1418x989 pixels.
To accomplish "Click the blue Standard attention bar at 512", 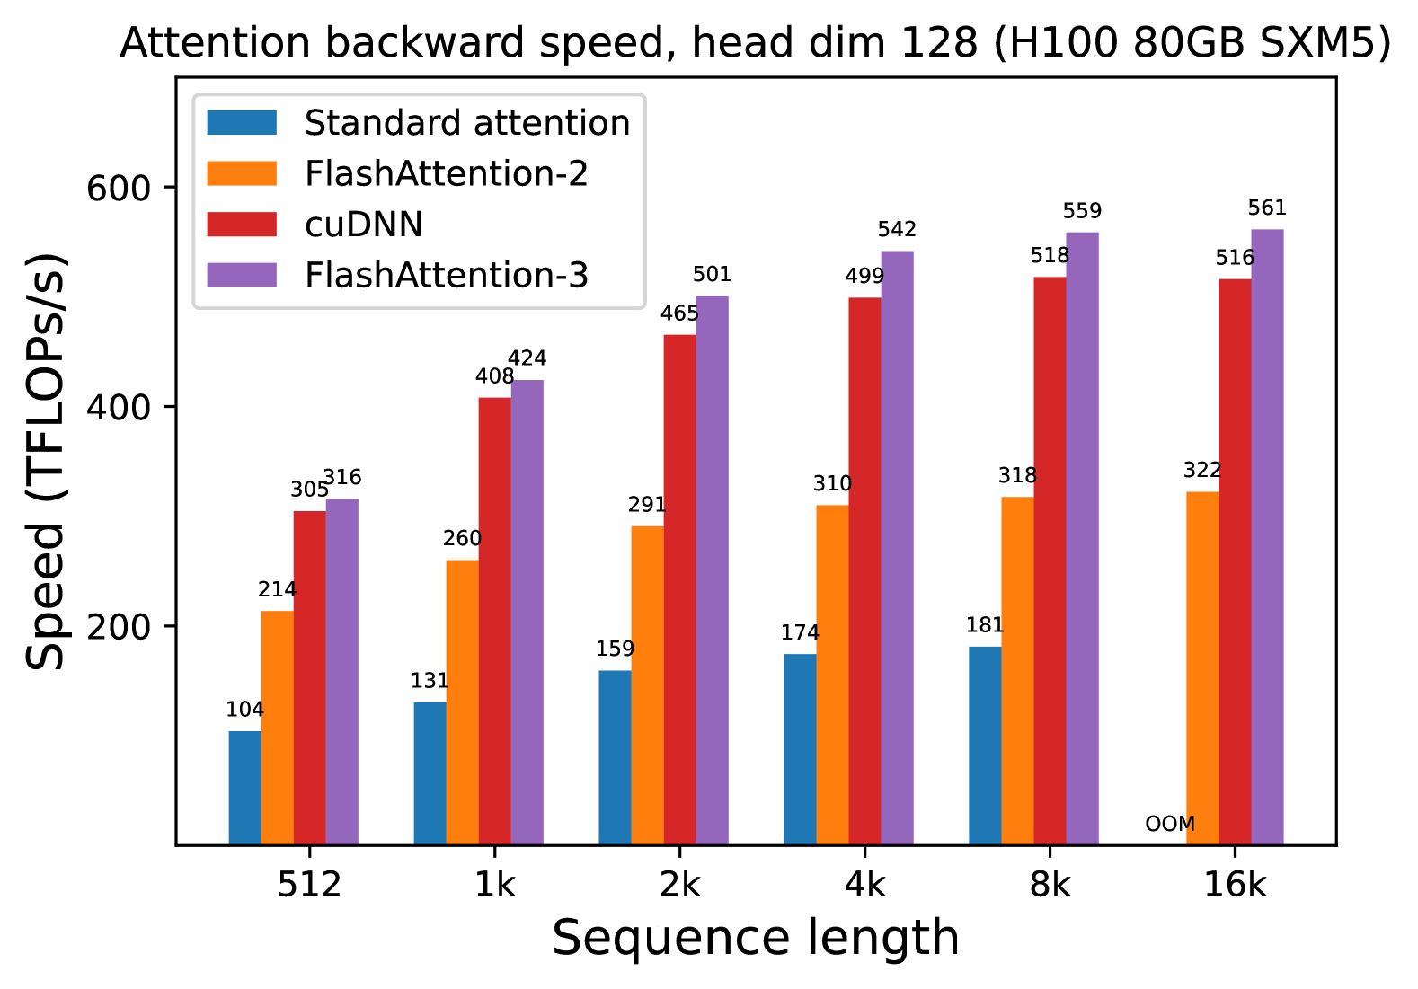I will (x=244, y=788).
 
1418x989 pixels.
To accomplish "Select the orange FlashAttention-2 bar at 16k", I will (x=1202, y=668).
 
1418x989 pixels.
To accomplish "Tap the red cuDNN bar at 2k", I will (x=679, y=589).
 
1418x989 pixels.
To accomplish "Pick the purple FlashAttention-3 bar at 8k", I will (x=1082, y=538).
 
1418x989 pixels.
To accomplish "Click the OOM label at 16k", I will (x=1170, y=824).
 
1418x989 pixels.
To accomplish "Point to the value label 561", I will (x=1267, y=208).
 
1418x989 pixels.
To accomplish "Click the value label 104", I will (x=244, y=710).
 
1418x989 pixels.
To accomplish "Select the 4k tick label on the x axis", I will (x=864, y=886).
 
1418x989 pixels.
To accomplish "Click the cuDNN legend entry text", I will (x=364, y=225).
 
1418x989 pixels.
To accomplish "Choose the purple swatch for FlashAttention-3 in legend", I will (x=242, y=275).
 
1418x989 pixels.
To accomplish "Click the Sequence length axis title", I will (x=756, y=939).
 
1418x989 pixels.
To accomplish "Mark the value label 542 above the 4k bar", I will (x=897, y=230).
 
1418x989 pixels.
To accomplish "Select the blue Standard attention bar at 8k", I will (x=985, y=746).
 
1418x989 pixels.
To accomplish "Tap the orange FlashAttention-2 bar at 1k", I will (x=462, y=702).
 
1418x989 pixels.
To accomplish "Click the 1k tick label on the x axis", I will (x=494, y=886).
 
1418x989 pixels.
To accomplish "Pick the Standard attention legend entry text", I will (x=467, y=123).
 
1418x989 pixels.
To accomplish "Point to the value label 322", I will (x=1202, y=471).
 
